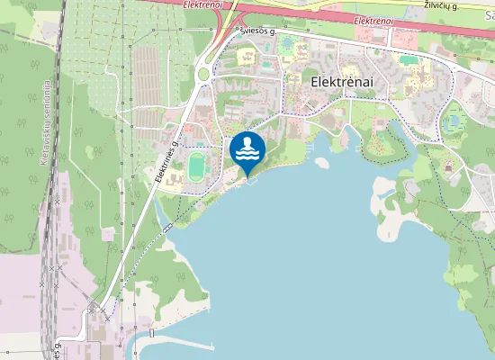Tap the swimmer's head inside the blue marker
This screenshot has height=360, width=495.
coord(247,141)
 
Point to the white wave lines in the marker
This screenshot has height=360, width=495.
coord(247,155)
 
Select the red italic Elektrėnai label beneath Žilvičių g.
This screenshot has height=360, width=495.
coord(373,20)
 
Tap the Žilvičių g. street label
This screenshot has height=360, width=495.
coord(441,5)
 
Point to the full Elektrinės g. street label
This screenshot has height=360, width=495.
coord(169,160)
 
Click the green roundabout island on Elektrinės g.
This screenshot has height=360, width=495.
coord(203,74)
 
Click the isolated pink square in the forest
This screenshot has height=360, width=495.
coord(108,234)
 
